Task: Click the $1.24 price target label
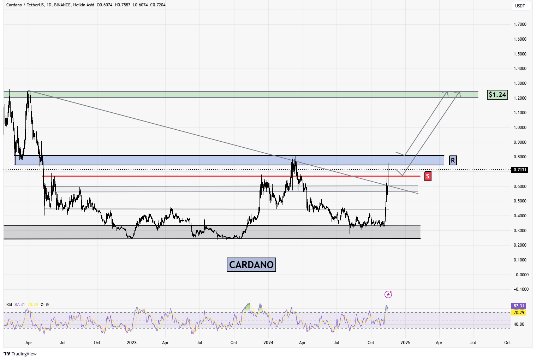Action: (x=497, y=95)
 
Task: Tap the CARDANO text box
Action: (x=251, y=265)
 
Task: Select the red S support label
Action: (x=428, y=176)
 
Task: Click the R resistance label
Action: (x=453, y=160)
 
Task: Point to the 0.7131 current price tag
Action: (x=520, y=170)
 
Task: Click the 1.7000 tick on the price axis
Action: (x=520, y=24)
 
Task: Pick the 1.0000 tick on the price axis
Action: (x=520, y=128)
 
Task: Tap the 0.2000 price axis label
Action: (x=520, y=245)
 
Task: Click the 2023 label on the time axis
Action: (x=132, y=343)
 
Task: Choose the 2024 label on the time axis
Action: (x=268, y=343)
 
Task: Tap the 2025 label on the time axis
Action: (x=405, y=343)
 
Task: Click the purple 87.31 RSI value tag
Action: (x=519, y=306)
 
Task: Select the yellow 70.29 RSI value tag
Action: (x=519, y=313)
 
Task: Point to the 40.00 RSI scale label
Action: (x=519, y=324)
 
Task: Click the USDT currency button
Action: (x=520, y=6)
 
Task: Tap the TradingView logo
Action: (x=20, y=354)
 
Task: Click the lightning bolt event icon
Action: (x=388, y=294)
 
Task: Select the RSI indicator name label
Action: (x=9, y=305)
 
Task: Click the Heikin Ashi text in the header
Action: (x=84, y=5)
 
